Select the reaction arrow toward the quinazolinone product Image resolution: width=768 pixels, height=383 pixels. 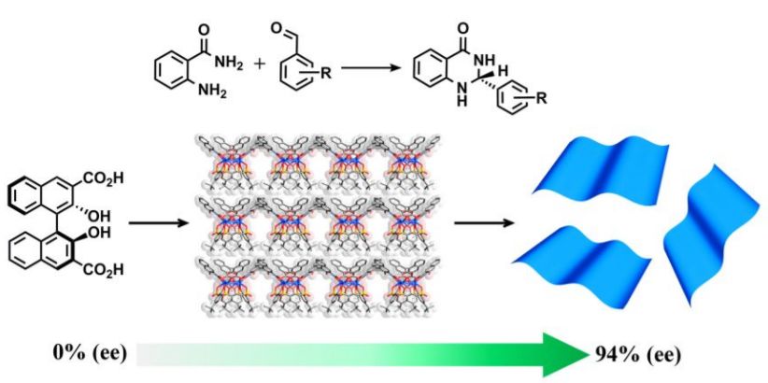tap(370, 68)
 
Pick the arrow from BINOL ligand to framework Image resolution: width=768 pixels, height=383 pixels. tap(154, 224)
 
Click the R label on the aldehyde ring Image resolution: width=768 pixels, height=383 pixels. tap(327, 68)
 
